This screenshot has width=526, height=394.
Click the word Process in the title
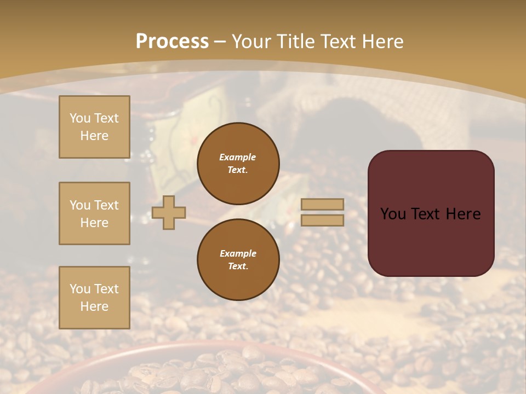tap(172, 41)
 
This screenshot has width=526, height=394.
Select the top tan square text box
tap(94, 127)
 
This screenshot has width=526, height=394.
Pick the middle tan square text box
tap(94, 213)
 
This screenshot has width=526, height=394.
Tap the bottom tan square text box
tap(94, 298)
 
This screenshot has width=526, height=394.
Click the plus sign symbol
tap(169, 213)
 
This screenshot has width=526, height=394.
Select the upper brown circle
tap(238, 164)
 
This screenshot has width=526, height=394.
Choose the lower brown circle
tap(238, 260)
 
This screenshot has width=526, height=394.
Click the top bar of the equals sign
tap(323, 204)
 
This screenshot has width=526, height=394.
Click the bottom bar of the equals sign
tap(323, 220)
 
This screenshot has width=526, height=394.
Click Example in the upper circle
tap(238, 157)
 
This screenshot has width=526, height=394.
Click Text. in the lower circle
tap(238, 266)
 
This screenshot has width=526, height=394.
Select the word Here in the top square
tap(94, 136)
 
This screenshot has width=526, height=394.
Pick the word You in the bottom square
tap(79, 289)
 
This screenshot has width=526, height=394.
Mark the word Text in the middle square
tap(106, 205)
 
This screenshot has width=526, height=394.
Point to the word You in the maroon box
tap(393, 214)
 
